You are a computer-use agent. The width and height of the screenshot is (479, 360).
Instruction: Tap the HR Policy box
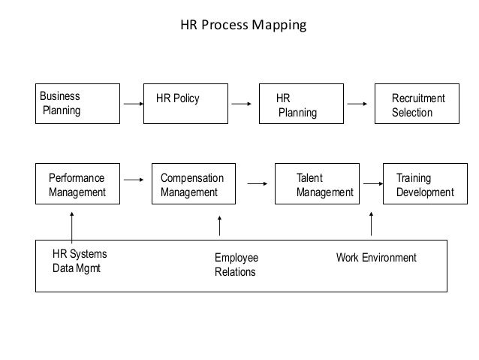click(187, 104)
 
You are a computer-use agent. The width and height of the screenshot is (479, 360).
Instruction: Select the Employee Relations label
click(235, 265)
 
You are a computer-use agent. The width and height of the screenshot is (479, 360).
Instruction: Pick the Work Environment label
click(375, 258)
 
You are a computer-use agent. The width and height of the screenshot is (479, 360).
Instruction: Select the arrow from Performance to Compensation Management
click(134, 180)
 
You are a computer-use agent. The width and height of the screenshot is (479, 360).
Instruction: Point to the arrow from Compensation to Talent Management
click(258, 181)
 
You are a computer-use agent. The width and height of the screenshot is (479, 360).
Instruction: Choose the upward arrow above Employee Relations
click(219, 225)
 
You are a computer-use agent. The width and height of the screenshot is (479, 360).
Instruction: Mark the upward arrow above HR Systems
click(71, 225)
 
